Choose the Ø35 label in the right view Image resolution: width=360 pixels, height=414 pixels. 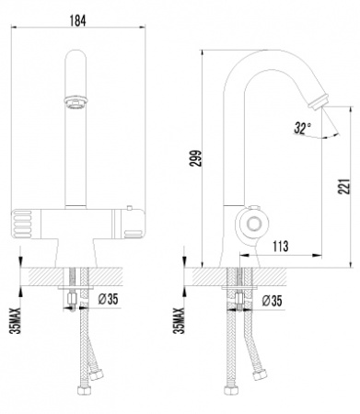(x=271, y=300)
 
